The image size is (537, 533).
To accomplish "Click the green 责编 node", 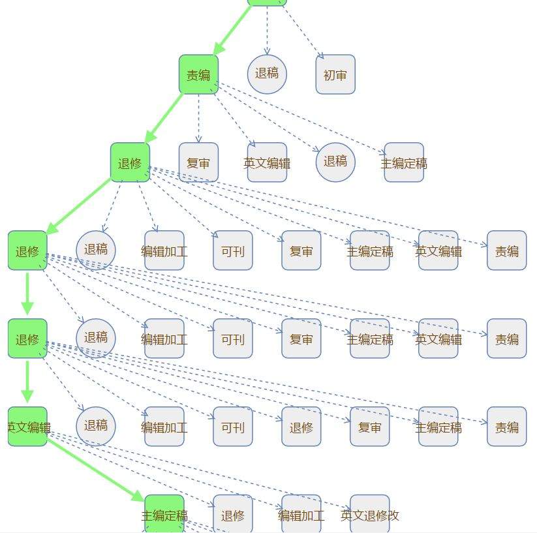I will click(x=198, y=74).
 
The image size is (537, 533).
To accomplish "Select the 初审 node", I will click(x=335, y=74).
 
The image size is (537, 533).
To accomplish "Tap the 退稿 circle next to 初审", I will click(x=267, y=74).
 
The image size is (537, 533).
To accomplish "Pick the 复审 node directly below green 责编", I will click(x=198, y=162).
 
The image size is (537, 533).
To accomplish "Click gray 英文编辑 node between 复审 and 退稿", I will click(x=267, y=162).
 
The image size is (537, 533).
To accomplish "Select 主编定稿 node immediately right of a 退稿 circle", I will click(x=404, y=162).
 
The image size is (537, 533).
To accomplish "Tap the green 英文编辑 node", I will click(x=27, y=427).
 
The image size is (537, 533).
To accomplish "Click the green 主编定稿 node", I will click(x=164, y=514).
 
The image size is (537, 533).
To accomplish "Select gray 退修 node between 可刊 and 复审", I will click(x=301, y=427).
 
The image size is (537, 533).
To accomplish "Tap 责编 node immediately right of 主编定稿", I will click(x=506, y=427).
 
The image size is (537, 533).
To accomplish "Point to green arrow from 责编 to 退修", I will click(x=164, y=118).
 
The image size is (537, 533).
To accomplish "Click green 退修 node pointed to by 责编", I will click(x=130, y=162).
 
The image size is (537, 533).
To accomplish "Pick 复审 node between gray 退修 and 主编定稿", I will click(x=370, y=427).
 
